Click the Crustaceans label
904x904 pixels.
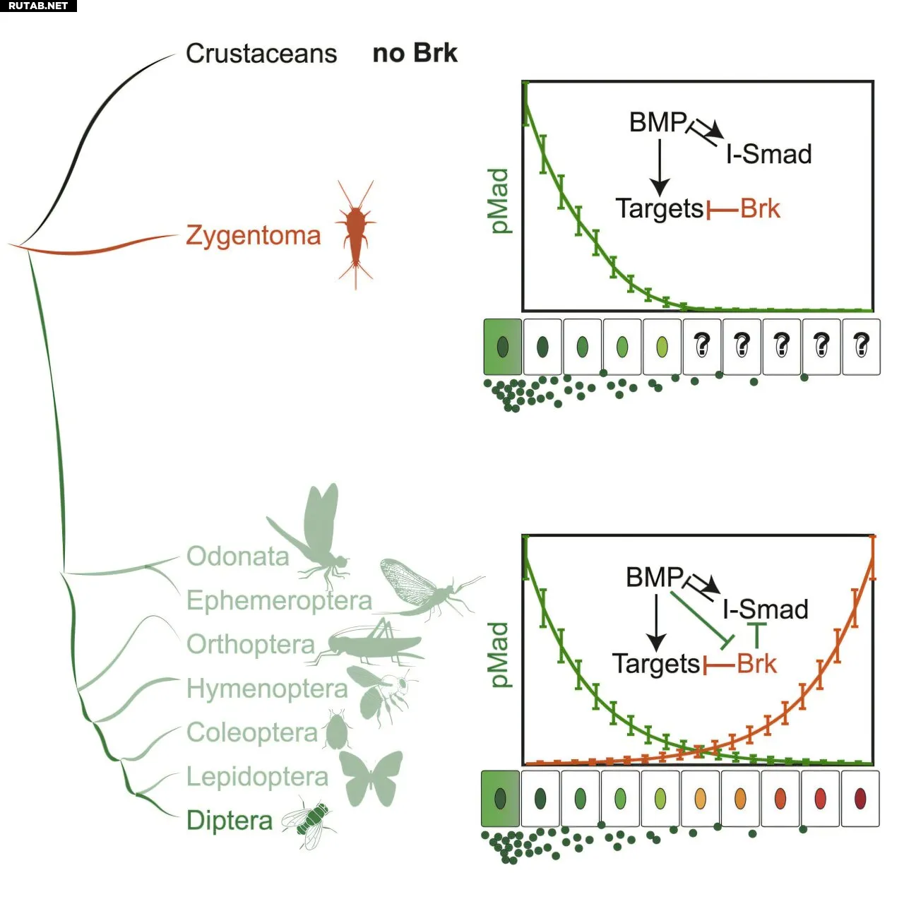coord(261,54)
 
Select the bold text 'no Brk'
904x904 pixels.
coord(415,53)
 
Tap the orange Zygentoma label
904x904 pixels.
coord(253,235)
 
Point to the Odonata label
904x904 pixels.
coord(238,557)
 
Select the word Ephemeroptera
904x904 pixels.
coord(279,600)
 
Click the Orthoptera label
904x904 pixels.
coord(251,644)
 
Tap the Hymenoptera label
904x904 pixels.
coord(267,689)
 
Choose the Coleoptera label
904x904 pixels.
coord(252,732)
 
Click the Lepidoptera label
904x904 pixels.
coord(257,777)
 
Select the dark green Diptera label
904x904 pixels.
coord(230,821)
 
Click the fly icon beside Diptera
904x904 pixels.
coord(310,822)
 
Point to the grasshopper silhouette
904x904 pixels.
coord(371,643)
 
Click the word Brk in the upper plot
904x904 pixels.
coord(760,209)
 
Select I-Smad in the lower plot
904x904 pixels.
coord(766,609)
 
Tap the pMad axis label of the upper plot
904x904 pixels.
coord(499,201)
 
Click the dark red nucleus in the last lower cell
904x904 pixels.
coord(860,798)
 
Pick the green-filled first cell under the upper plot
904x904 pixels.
coord(503,346)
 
